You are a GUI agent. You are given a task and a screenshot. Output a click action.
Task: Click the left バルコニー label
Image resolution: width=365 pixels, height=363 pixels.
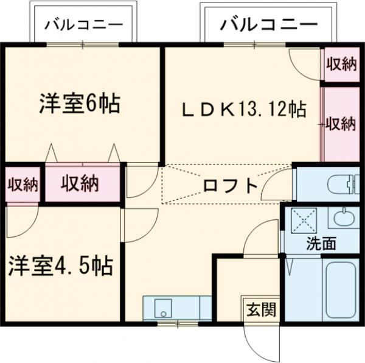83,25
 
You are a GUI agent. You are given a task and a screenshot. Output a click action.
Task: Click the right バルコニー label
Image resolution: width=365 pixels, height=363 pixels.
268,25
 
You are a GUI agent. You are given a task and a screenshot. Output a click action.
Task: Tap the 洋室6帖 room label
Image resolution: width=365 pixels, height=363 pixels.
79,104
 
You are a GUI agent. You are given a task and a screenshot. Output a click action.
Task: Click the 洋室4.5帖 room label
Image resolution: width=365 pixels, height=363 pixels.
60,266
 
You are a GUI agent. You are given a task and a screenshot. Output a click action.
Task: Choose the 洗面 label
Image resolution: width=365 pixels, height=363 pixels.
321,244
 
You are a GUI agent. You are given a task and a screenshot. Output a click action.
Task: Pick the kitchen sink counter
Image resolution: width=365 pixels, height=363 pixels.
172,307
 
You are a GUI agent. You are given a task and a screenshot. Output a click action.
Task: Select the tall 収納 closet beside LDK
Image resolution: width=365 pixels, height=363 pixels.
341,124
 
